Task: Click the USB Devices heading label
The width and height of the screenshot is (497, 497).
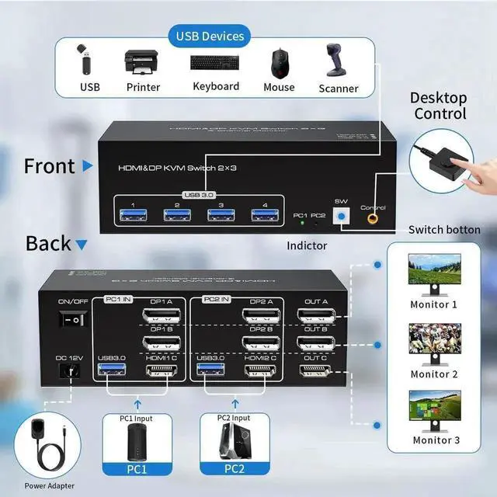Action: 210,36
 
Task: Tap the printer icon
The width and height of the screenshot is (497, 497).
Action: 142,63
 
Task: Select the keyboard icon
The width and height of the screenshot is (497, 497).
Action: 215,63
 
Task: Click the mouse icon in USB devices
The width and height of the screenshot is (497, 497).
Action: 277,63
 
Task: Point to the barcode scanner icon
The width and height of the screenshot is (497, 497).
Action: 338,61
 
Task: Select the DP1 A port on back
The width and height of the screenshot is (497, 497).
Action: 162,317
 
